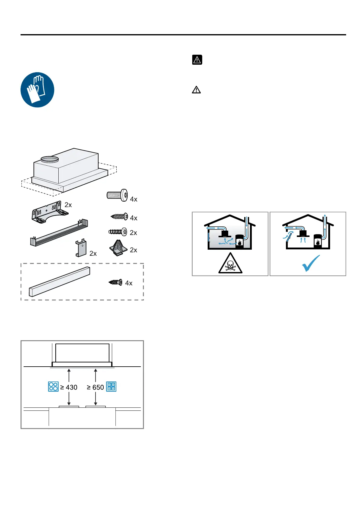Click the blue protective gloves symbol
[x=37, y=90]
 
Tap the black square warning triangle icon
[x=197, y=60]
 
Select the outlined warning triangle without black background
[x=196, y=90]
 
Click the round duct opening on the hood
[x=50, y=159]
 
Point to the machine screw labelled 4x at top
[x=117, y=195]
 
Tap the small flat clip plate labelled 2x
[x=81, y=248]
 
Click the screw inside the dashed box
[x=115, y=282]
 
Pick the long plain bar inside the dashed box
[x=60, y=282]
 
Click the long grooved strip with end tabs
[x=59, y=233]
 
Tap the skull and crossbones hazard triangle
[x=230, y=264]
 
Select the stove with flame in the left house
[x=239, y=241]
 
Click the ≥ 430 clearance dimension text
[x=69, y=387]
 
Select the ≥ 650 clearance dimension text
[x=95, y=387]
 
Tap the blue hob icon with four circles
[x=53, y=387]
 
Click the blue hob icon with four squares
[x=111, y=387]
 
